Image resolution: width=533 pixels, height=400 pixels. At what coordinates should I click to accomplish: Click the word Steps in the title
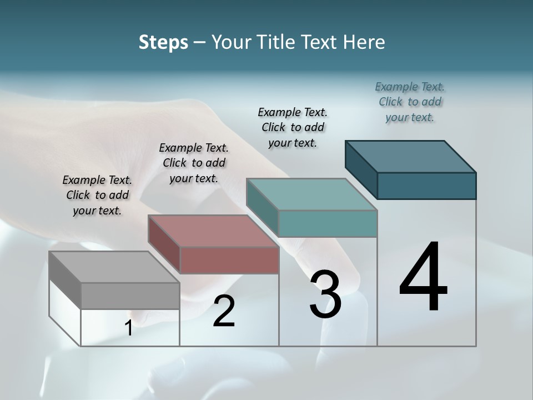163,42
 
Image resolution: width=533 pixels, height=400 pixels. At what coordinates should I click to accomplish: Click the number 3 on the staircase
325,294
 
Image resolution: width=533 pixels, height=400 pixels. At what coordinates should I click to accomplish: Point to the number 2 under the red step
224,311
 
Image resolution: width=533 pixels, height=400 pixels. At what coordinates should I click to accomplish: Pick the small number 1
129,328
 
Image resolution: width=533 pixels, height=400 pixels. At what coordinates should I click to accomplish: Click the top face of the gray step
114,267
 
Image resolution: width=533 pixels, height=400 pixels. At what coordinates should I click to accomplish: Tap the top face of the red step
213,231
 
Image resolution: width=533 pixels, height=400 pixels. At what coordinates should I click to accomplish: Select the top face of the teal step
311,194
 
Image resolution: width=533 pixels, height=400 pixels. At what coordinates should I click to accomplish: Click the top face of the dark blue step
411,156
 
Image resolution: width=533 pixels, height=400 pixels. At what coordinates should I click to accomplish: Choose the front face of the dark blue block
426,186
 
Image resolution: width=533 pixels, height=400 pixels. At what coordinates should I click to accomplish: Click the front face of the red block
229,260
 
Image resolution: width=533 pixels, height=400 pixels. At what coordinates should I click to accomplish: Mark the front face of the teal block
328,223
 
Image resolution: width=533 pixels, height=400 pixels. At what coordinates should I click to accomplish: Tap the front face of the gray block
130,296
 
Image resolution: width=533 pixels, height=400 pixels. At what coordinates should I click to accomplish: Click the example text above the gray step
97,195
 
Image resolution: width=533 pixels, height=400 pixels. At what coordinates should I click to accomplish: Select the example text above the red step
194,163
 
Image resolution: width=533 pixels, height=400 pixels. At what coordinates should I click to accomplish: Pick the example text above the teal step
293,127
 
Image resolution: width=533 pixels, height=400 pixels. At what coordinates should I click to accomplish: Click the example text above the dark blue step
410,102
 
